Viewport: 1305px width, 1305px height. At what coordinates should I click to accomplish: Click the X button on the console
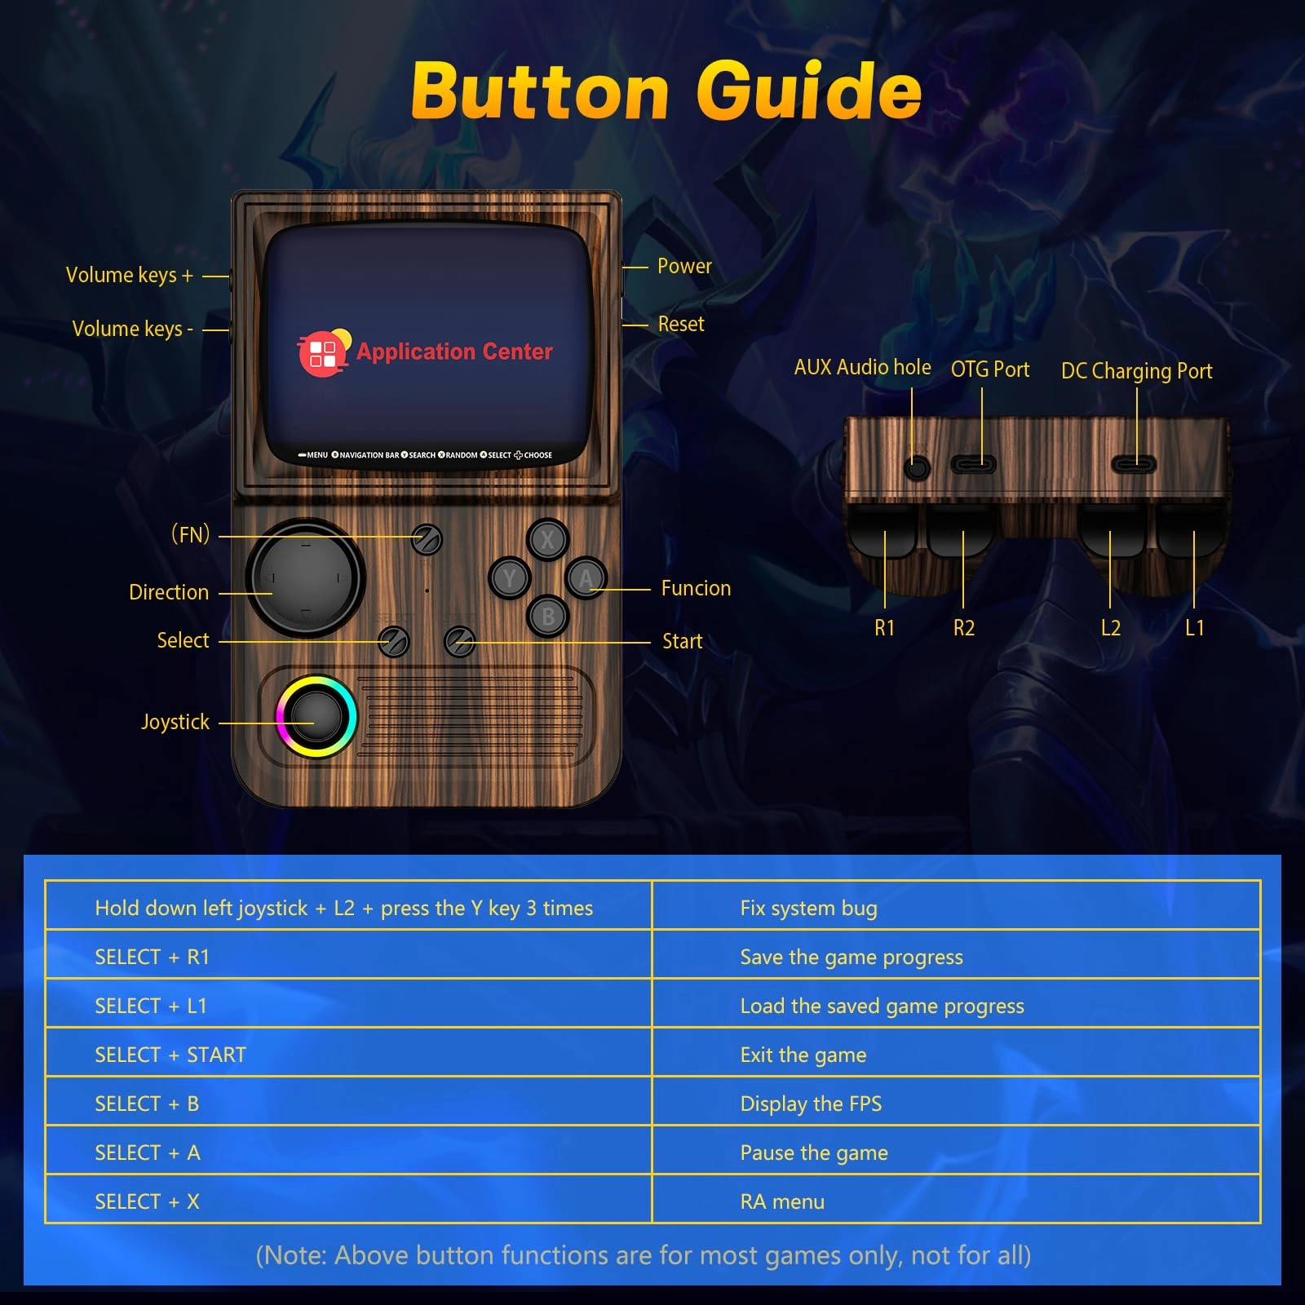tap(547, 539)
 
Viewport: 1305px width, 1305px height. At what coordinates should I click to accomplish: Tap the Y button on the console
tap(510, 578)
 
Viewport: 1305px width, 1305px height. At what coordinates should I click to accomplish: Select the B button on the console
tap(548, 617)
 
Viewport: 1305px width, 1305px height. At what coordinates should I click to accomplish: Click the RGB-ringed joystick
tap(316, 717)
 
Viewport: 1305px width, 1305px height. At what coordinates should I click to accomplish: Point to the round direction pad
tap(306, 577)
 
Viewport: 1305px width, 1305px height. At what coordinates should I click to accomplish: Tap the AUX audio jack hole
tap(918, 468)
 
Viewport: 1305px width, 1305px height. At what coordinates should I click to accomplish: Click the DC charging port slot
tap(1135, 464)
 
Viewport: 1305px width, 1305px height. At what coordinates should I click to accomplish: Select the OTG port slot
tap(974, 464)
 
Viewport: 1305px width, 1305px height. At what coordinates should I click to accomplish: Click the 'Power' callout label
tap(684, 266)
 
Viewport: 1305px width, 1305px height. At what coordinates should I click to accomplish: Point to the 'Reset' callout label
tap(681, 324)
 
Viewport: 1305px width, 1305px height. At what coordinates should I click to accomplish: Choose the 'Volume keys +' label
tap(130, 275)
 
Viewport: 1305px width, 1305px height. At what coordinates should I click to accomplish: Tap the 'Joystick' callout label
tap(175, 722)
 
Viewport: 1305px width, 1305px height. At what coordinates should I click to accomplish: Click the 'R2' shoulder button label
tap(964, 627)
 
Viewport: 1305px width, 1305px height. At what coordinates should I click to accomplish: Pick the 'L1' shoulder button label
tap(1194, 627)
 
